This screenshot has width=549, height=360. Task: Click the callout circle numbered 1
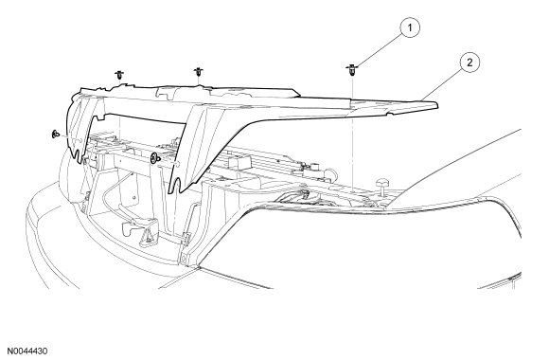[410, 27]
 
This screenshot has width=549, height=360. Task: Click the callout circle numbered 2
[469, 63]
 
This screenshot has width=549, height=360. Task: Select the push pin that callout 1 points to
[351, 70]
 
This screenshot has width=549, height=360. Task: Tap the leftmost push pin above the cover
[119, 76]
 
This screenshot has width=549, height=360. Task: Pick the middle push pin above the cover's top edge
[198, 72]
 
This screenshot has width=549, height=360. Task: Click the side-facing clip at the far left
[55, 135]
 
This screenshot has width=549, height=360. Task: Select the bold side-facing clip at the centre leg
[153, 158]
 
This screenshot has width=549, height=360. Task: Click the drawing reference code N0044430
[27, 351]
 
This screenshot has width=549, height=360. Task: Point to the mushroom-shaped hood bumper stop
[382, 186]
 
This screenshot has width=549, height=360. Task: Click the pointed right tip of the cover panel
[437, 104]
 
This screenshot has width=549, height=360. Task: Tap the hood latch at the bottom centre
[137, 231]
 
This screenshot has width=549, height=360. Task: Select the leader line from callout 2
[441, 83]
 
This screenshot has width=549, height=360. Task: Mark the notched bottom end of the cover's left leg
[78, 156]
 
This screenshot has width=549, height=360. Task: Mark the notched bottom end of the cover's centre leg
[176, 186]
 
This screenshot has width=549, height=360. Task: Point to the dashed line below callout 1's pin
[353, 134]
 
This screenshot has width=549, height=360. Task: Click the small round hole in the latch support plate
[134, 197]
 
